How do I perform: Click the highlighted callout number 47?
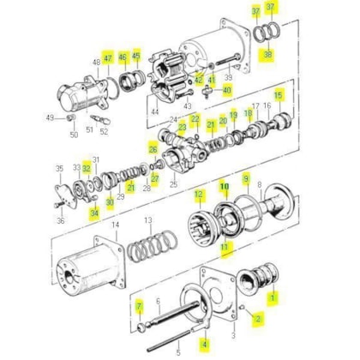(108, 58)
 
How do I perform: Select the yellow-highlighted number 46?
(123, 57)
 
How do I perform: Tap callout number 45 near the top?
(135, 57)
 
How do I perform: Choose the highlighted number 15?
(278, 94)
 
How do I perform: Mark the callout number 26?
(153, 147)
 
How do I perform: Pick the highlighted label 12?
(199, 195)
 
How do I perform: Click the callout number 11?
(225, 248)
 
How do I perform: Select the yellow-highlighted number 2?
(258, 318)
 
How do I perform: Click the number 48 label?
(95, 62)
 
